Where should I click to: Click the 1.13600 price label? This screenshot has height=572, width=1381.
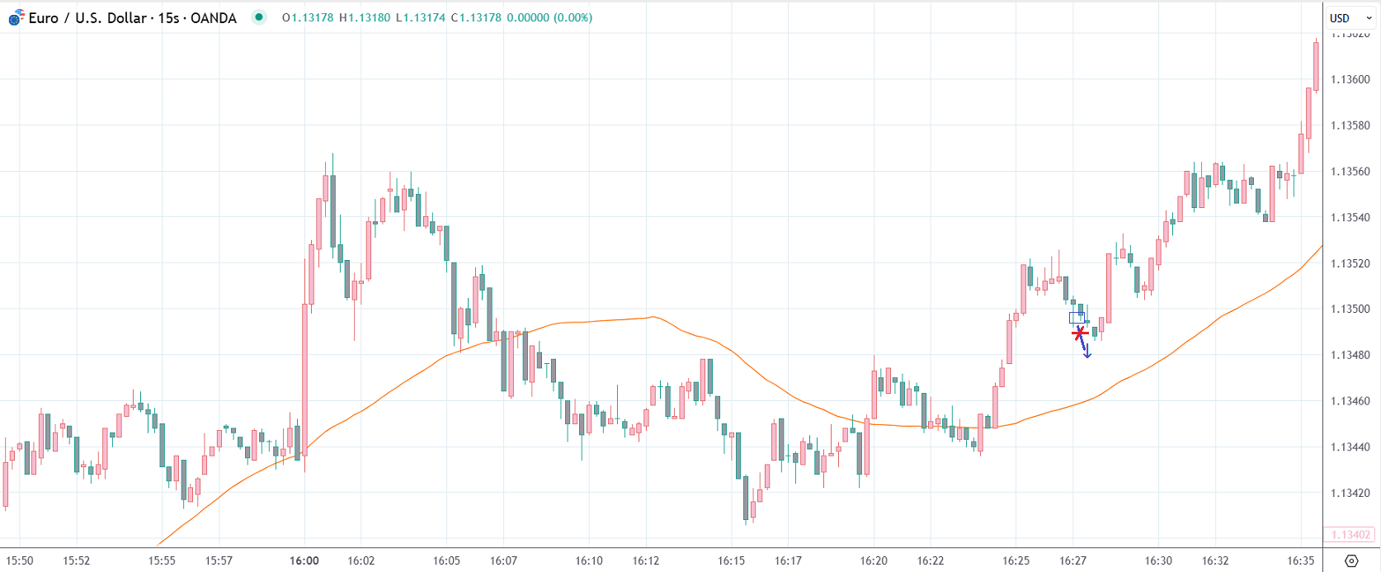(x=1350, y=80)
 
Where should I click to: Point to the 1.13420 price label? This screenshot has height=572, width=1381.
(x=1350, y=494)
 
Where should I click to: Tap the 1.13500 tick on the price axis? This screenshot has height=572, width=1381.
(x=1350, y=310)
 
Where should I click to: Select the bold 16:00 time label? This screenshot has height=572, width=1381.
(x=304, y=561)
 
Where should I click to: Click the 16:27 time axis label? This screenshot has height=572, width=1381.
(x=1072, y=561)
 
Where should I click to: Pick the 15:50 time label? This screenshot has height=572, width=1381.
(x=20, y=561)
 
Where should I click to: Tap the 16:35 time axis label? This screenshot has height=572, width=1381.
(x=1300, y=561)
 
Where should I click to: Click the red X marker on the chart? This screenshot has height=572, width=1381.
(x=1080, y=333)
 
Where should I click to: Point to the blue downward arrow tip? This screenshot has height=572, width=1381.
(x=1087, y=356)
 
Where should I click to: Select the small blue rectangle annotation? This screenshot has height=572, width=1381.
(x=1077, y=318)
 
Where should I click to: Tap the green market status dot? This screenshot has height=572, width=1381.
(x=259, y=17)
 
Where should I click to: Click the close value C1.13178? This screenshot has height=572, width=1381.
(x=476, y=17)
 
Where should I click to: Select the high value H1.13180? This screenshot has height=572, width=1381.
(x=365, y=17)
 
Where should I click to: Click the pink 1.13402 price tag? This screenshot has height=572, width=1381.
(x=1350, y=535)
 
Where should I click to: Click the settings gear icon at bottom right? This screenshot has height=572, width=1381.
(x=1351, y=561)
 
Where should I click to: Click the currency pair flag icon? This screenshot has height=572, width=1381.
(x=16, y=17)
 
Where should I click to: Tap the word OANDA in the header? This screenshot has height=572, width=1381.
(x=214, y=18)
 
